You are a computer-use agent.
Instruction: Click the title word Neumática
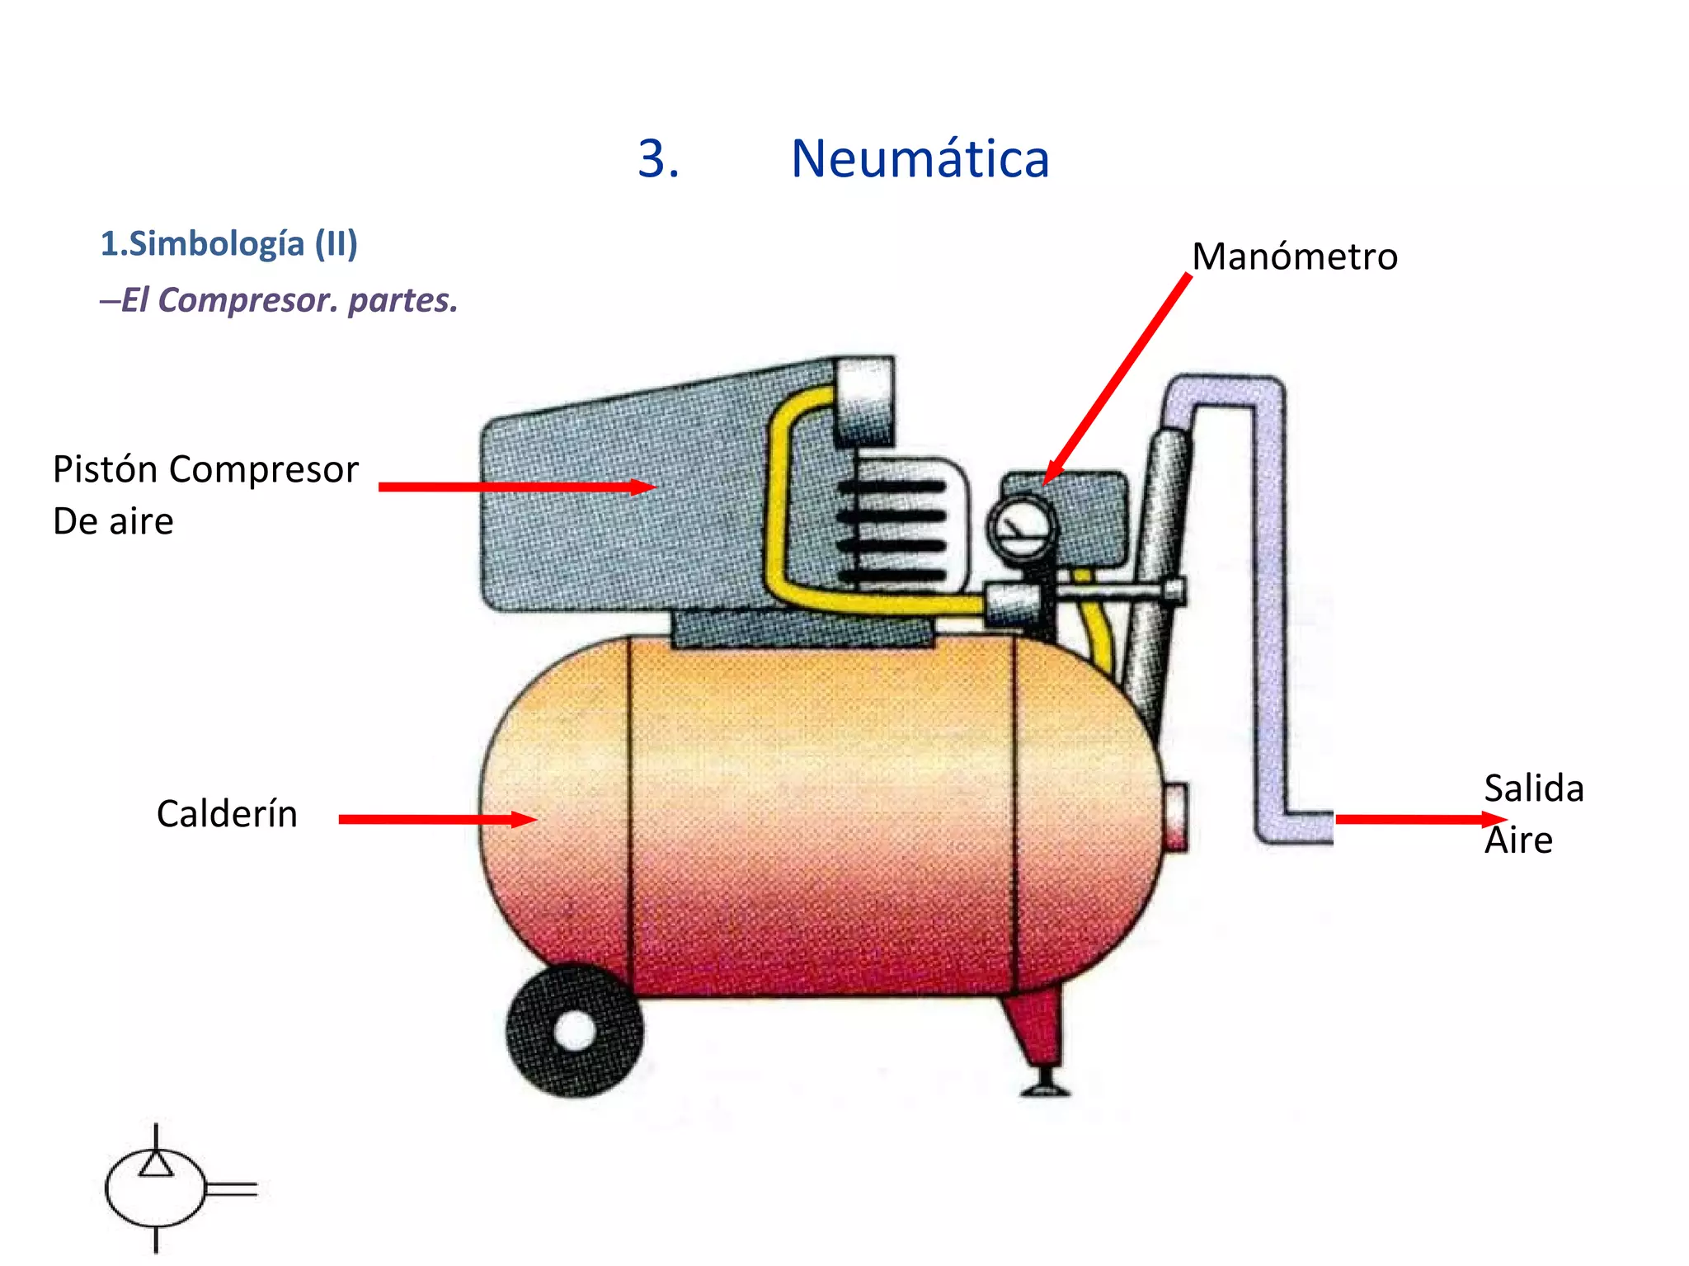coord(920,158)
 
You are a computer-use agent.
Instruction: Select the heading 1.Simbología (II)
coord(228,244)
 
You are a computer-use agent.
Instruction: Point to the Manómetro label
coord(1294,256)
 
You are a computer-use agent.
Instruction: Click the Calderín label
coord(227,814)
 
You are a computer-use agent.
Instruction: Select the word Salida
coord(1533,788)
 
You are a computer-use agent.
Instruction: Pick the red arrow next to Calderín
coord(437,819)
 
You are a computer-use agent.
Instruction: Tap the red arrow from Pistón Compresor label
coord(515,487)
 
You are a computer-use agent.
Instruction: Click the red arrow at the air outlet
coord(1418,819)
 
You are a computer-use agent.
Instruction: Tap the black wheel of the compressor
coord(574,1031)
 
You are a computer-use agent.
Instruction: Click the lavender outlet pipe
coord(1270,610)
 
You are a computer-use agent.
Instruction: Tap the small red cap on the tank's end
coord(1176,817)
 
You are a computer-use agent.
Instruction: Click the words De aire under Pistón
coord(113,522)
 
